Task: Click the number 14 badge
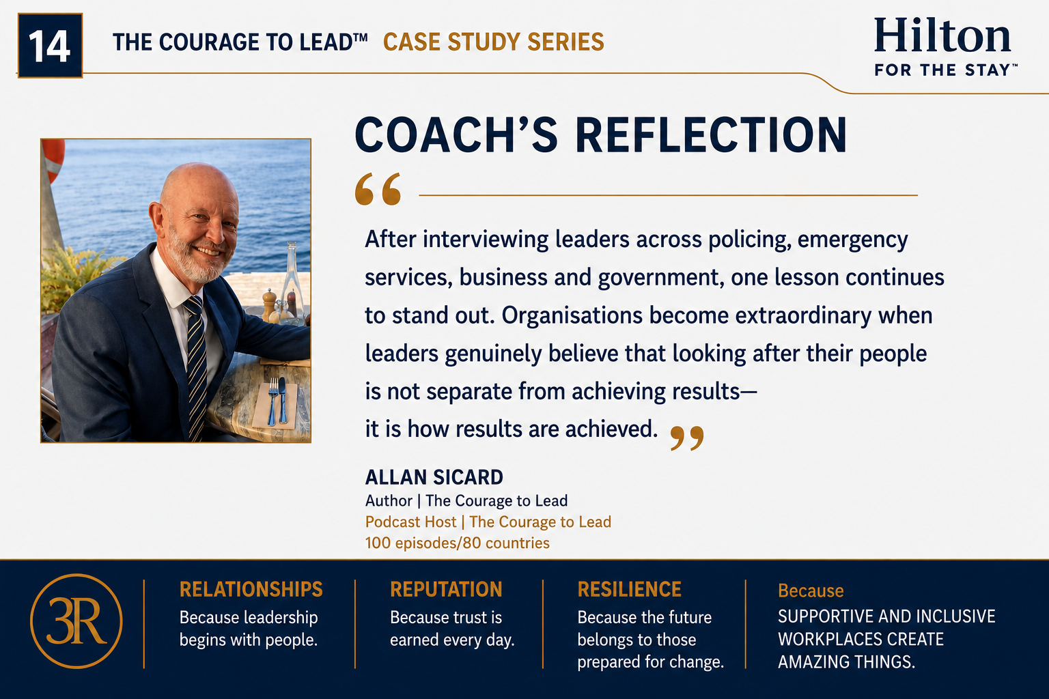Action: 50,46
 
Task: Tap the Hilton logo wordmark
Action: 942,35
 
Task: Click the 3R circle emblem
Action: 76,621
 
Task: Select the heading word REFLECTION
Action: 711,135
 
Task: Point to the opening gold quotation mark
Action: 378,189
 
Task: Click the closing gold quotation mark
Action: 687,438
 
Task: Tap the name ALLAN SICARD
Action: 434,477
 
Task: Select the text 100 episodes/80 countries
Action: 457,543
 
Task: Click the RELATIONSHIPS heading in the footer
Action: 251,590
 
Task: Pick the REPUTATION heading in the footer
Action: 446,590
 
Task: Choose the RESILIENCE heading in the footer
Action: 630,590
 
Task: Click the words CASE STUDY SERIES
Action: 494,42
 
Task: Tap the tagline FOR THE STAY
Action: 946,70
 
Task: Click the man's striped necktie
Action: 196,365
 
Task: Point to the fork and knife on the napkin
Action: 277,401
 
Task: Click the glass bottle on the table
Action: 292,281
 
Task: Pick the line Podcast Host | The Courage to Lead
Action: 488,522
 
